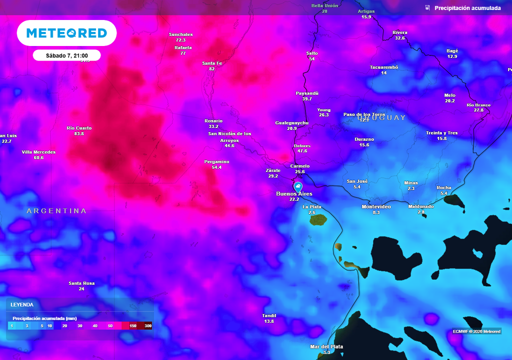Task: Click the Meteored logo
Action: click(x=66, y=33)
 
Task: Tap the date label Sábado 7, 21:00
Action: click(x=67, y=55)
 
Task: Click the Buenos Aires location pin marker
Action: click(x=298, y=186)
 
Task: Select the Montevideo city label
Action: click(x=376, y=206)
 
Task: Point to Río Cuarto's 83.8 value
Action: click(x=79, y=134)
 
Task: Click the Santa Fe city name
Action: click(x=211, y=63)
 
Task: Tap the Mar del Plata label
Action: click(x=326, y=346)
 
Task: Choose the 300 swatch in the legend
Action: click(x=148, y=326)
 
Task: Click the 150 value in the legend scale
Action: click(x=133, y=326)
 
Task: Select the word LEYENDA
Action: click(x=22, y=304)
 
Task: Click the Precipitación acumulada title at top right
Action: click(x=467, y=8)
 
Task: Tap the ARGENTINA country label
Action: click(x=56, y=211)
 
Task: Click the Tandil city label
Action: click(x=269, y=315)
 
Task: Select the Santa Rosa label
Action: click(x=81, y=283)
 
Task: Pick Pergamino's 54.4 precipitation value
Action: click(x=216, y=167)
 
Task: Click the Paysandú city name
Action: click(x=307, y=93)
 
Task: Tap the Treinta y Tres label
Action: click(x=441, y=132)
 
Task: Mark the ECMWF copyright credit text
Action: click(x=476, y=331)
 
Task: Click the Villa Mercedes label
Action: click(x=38, y=152)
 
